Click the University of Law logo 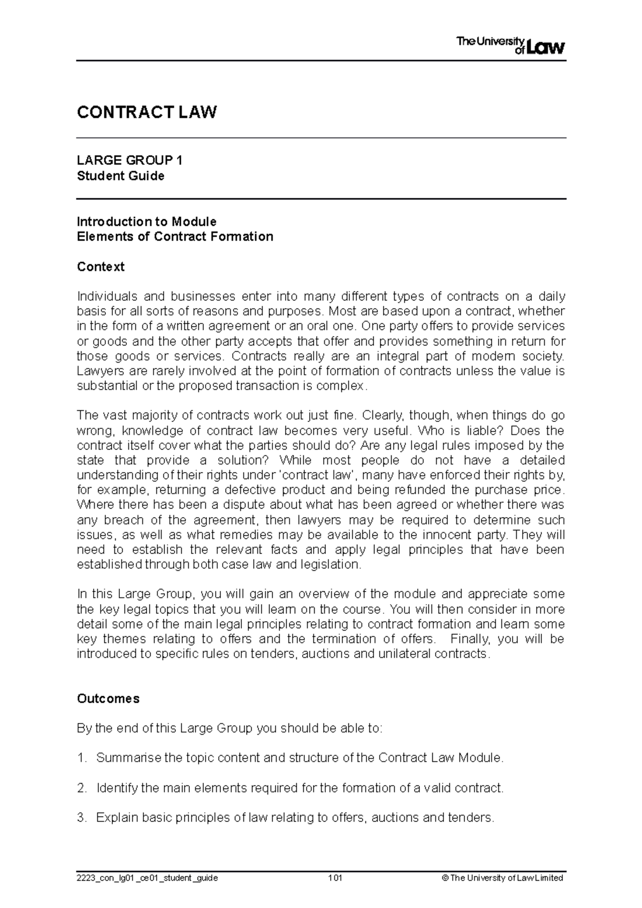point(510,45)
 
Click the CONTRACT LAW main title point(147,112)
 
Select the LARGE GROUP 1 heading point(129,160)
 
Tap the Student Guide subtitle point(120,176)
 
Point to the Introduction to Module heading point(147,221)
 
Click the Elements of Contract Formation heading point(175,236)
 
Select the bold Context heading point(101,266)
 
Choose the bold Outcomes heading point(108,698)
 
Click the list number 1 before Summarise point(81,758)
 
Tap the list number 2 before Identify point(81,788)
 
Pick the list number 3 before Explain point(81,818)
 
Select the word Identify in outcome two point(116,788)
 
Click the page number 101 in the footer point(335,878)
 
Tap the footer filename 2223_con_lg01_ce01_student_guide point(147,878)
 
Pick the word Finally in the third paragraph point(469,639)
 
